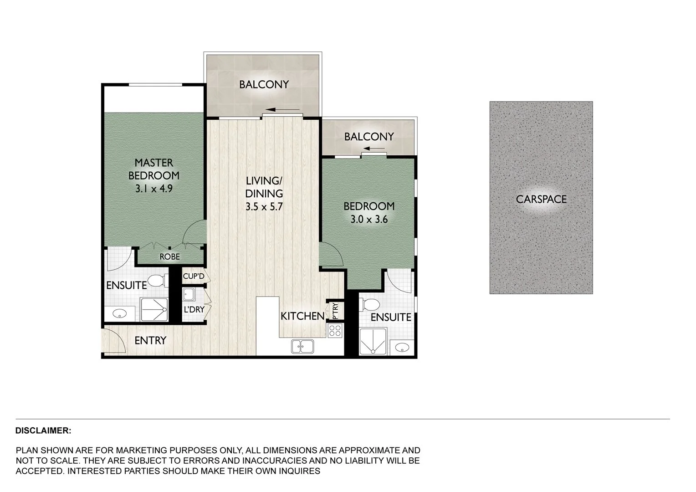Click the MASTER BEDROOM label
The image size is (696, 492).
point(154,169)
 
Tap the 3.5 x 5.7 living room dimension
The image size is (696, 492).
point(264,206)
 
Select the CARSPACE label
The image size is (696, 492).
point(541,199)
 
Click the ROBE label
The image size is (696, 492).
point(169,257)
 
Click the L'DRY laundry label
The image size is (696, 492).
point(194,310)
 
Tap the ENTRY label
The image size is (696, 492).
point(150,340)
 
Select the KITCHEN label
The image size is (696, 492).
point(302,316)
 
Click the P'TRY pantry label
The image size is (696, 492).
point(335,311)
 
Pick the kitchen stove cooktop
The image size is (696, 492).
point(335,331)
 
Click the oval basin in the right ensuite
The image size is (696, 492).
point(402,348)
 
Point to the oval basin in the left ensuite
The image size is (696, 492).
point(120,314)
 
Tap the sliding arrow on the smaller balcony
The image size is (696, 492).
point(374,149)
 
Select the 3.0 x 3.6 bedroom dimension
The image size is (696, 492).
point(369,219)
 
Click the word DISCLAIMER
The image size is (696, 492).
point(43,430)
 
